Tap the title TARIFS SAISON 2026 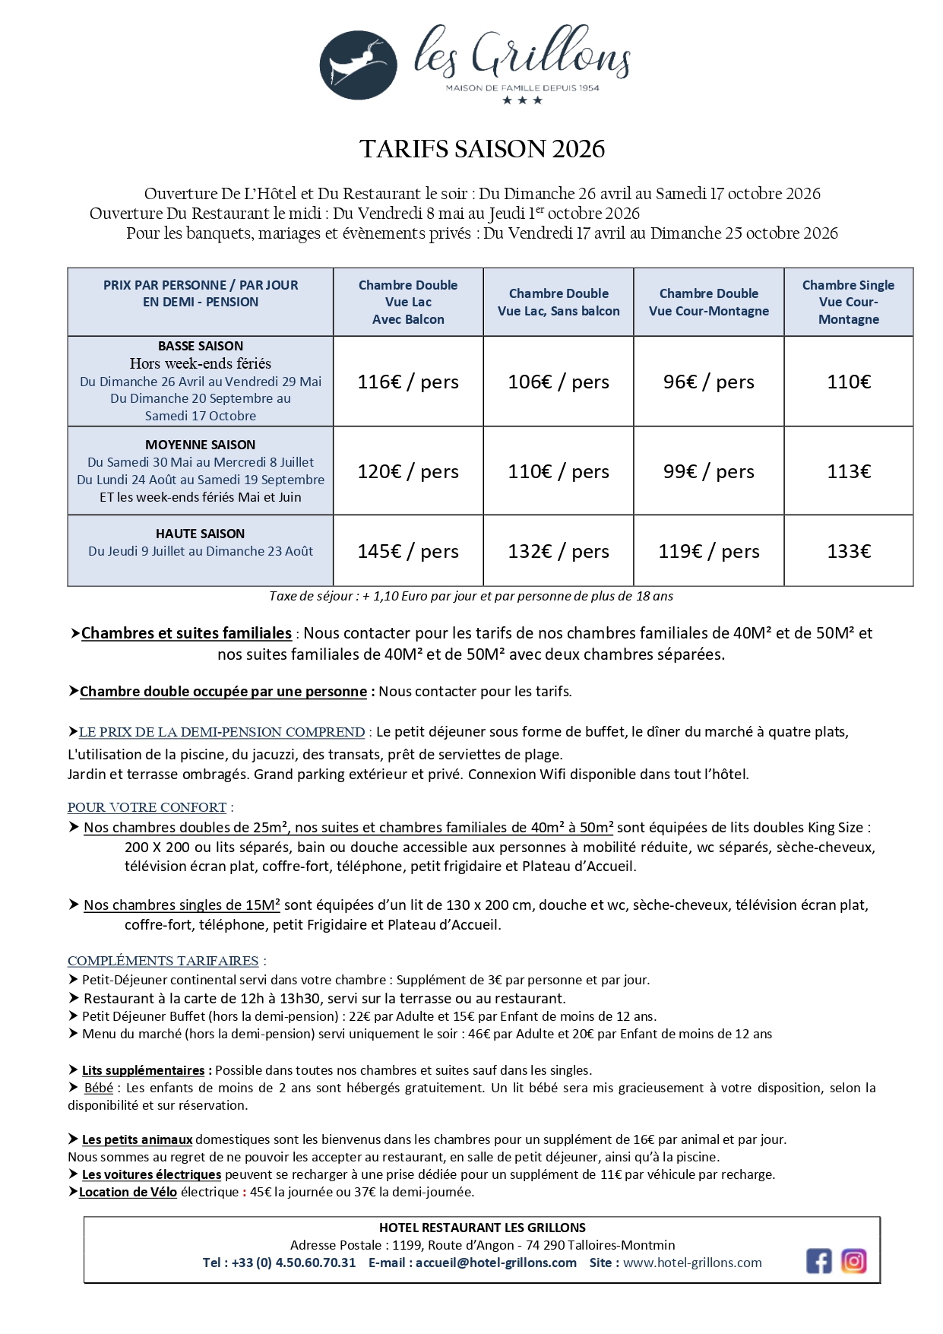point(482,149)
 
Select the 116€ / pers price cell point(408,382)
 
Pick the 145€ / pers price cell point(408,551)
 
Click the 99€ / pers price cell point(708,471)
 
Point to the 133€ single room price point(849,551)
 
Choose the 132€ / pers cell point(559,551)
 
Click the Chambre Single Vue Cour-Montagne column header point(848,302)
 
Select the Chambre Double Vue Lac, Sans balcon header point(559,302)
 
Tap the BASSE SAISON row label point(201,346)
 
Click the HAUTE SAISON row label point(201,534)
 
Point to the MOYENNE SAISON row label point(201,445)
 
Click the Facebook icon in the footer point(818,1261)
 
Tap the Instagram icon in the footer point(853,1261)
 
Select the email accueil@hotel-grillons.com point(495,1263)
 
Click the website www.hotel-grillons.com point(692,1263)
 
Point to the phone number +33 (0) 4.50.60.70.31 point(293,1263)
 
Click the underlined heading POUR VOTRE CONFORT point(147,807)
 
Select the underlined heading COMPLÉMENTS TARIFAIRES point(163,961)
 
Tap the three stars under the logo point(522,100)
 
